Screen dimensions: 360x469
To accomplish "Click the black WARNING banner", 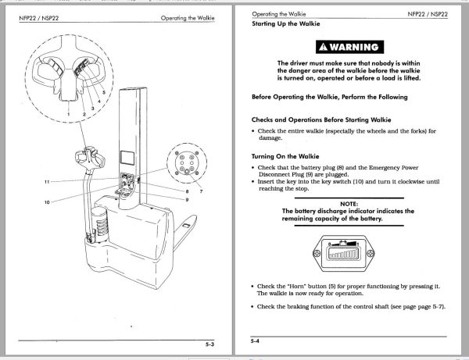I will [345, 45].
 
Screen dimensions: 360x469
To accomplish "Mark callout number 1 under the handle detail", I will [69, 115].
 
